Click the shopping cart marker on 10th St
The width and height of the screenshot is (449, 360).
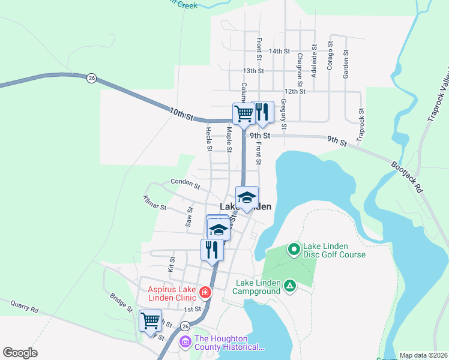tap(244, 113)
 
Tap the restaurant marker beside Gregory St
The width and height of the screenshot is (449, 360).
tap(262, 112)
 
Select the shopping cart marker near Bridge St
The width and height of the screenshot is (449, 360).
tap(150, 320)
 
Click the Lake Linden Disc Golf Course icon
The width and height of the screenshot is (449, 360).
tap(294, 248)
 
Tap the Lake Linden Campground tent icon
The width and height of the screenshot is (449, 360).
tap(290, 286)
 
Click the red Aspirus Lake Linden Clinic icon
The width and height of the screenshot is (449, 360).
tap(205, 293)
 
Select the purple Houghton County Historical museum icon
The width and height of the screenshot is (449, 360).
tap(185, 343)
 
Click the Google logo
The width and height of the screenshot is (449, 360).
tap(20, 353)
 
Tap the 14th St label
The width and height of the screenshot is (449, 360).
tap(280, 52)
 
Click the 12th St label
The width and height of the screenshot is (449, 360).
tap(295, 91)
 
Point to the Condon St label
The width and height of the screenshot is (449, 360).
tap(185, 181)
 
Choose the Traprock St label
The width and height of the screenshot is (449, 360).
tap(361, 125)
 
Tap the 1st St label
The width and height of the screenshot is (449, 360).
tap(192, 309)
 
